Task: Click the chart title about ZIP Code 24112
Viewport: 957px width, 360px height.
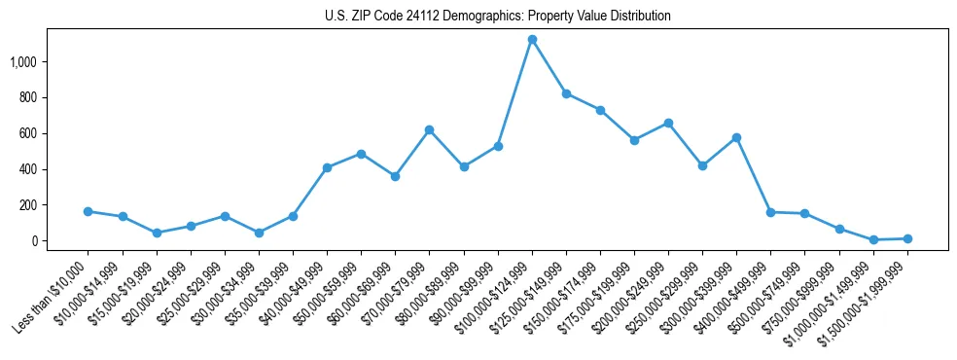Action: pos(498,17)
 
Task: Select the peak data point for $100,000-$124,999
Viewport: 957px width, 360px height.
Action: pos(532,40)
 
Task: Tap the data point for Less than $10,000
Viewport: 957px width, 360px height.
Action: pos(89,211)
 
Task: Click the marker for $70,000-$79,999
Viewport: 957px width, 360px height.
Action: pos(430,129)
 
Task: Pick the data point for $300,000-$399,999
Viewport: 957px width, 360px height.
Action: pos(736,137)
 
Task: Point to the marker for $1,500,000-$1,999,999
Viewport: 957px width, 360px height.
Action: pos(907,238)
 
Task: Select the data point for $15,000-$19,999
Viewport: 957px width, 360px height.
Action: pos(157,233)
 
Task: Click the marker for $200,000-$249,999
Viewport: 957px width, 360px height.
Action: pos(668,123)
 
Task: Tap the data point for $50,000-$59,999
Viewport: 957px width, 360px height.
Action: pos(361,154)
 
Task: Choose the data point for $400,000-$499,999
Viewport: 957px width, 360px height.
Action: pos(770,212)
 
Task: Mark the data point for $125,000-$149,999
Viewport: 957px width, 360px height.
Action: pos(566,93)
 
